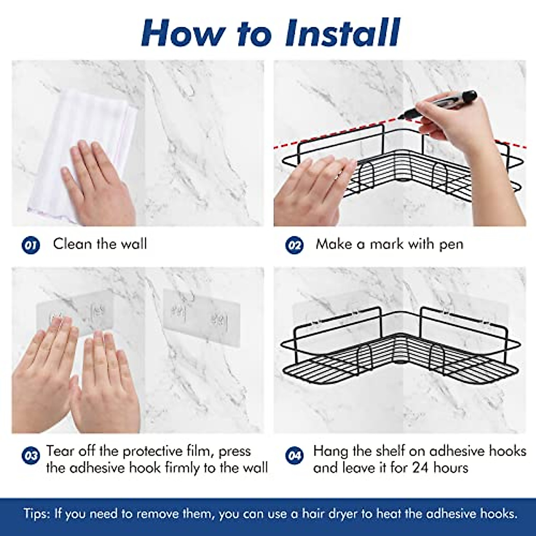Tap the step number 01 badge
[x=31, y=246]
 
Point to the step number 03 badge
[x=31, y=456]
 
